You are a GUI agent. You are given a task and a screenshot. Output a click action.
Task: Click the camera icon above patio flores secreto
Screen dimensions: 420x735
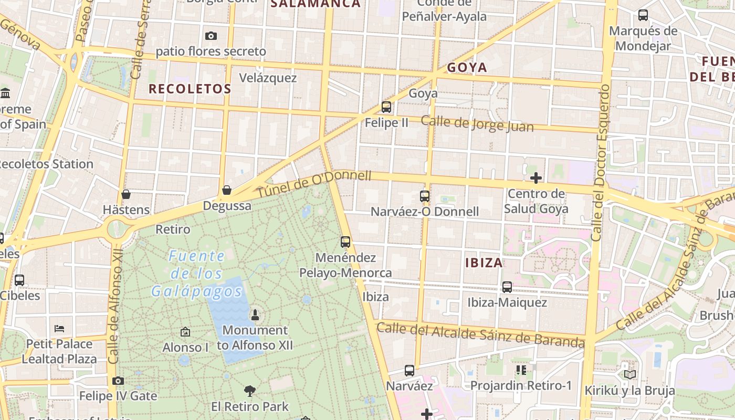point(211,36)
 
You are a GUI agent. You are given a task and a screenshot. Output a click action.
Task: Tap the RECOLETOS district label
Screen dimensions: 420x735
point(190,89)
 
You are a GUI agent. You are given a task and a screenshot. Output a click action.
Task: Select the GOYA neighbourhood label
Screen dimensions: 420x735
point(467,67)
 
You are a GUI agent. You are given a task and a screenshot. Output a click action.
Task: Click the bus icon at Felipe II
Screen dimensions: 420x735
point(386,107)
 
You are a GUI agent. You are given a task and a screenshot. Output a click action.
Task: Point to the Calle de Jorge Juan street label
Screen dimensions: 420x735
point(477,124)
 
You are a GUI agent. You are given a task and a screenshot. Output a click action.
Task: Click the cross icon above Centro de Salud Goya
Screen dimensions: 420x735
point(535,178)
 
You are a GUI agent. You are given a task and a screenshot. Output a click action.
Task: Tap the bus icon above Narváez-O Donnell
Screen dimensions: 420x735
point(424,196)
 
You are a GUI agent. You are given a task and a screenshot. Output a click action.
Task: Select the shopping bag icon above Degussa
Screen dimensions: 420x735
point(227,190)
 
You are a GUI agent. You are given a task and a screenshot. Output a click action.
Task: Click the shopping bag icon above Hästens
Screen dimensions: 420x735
point(126,194)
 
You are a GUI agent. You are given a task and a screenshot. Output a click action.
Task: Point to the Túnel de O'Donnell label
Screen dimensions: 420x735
point(314,184)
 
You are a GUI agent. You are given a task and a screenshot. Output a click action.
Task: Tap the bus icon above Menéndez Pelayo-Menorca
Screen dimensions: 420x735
point(345,242)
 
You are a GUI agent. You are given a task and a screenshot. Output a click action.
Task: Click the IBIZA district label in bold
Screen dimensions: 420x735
point(484,262)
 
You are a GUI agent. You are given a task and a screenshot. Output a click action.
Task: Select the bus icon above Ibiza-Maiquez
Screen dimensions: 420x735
point(507,287)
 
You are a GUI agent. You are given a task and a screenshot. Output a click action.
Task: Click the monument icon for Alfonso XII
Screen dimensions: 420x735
point(255,315)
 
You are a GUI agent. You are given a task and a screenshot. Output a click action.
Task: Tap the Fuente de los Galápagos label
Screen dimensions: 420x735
point(197,274)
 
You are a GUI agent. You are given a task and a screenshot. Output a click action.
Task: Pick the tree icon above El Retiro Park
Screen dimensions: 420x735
point(250,391)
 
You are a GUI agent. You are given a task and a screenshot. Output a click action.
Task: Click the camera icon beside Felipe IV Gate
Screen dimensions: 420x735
point(118,381)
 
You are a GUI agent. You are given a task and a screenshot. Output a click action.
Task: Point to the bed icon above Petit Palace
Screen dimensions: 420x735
point(59,329)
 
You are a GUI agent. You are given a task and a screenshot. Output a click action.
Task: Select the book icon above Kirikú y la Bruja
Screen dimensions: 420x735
point(629,374)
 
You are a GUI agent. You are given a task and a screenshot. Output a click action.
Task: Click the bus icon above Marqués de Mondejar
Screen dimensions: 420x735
point(643,15)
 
